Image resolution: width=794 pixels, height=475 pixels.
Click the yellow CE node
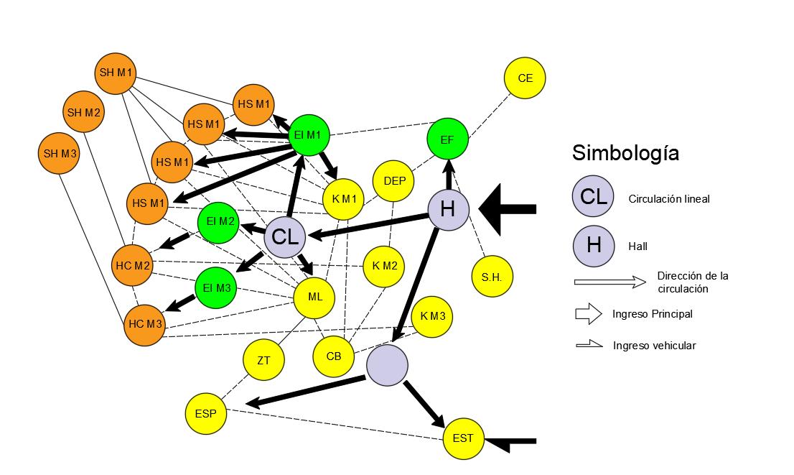click(x=526, y=78)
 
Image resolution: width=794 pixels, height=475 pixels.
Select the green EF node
click(x=447, y=140)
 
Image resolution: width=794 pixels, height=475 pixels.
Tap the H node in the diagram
click(x=449, y=209)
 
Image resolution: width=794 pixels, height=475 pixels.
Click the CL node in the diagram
click(x=286, y=236)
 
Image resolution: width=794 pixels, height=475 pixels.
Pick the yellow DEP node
click(x=394, y=180)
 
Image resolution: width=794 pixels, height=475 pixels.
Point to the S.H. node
click(x=492, y=276)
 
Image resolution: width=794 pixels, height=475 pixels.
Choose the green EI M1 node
click(x=309, y=134)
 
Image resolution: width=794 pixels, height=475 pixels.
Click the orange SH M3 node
click(x=60, y=153)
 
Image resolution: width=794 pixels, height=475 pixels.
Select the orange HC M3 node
click(x=145, y=324)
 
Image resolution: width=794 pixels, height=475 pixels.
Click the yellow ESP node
click(x=205, y=413)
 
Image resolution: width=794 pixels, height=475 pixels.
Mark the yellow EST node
click(x=464, y=437)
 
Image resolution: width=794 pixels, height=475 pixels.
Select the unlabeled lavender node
click(x=387, y=364)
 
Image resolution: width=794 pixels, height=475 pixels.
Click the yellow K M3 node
click(x=433, y=316)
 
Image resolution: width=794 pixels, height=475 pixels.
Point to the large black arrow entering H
click(x=508, y=209)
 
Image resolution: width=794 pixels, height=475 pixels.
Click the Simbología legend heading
click(x=625, y=153)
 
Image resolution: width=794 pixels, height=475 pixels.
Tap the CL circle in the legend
click(x=594, y=198)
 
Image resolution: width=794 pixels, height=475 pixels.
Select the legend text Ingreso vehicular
click(x=654, y=346)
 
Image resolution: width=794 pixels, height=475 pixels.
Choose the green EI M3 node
click(x=216, y=287)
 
